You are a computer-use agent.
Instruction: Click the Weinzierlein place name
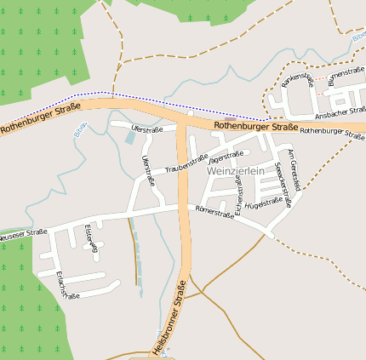coord(236,171)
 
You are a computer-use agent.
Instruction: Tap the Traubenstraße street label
coord(186,163)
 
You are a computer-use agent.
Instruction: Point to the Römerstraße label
coord(214,214)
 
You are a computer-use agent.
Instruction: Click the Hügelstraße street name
coord(263,203)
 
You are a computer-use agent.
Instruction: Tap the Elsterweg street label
coord(91,242)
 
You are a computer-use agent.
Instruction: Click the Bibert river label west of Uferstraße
coord(79,132)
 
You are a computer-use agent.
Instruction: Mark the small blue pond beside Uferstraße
coord(130,136)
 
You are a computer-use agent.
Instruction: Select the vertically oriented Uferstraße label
coord(151,170)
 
